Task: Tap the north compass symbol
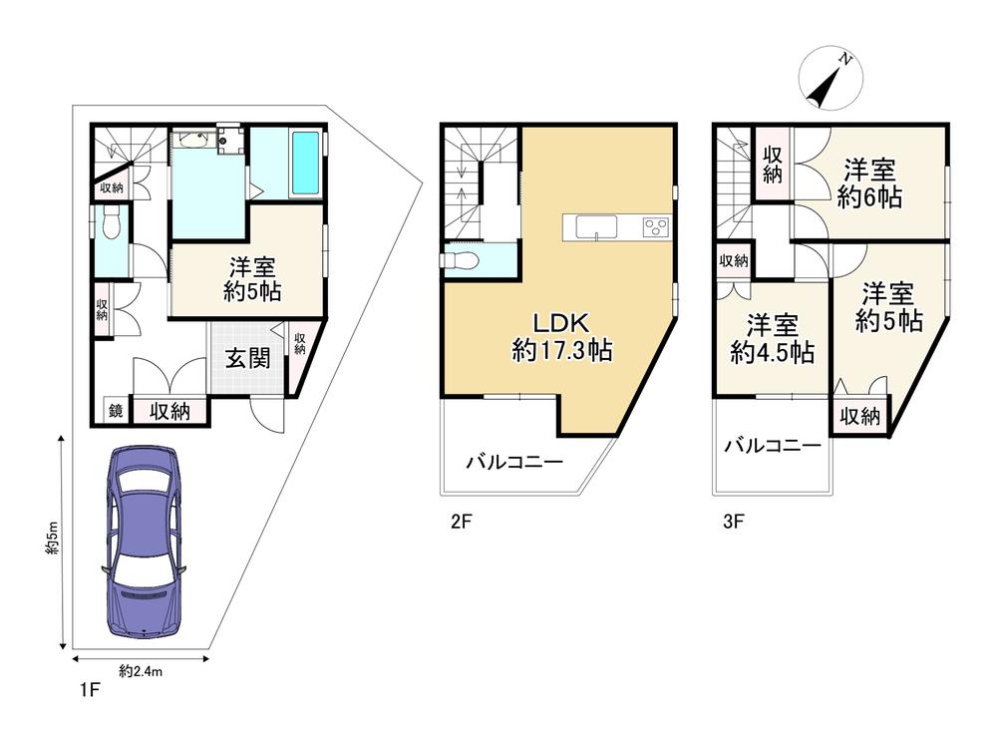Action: pyautogui.click(x=831, y=78)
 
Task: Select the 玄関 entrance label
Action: pyautogui.click(x=248, y=359)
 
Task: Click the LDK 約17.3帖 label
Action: pyautogui.click(x=562, y=337)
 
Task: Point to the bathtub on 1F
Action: pyautogui.click(x=305, y=164)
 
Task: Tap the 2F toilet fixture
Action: pyautogui.click(x=460, y=260)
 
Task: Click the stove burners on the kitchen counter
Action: pyautogui.click(x=656, y=227)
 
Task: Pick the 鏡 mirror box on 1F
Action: pyautogui.click(x=117, y=411)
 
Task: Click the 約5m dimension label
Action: pyautogui.click(x=52, y=540)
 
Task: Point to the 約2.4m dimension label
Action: pyautogui.click(x=141, y=671)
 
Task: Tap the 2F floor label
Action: pyautogui.click(x=461, y=522)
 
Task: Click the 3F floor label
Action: pyautogui.click(x=733, y=522)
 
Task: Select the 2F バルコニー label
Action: pyautogui.click(x=515, y=461)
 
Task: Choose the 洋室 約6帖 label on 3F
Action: pyautogui.click(x=869, y=183)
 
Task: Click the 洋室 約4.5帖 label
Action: pyautogui.click(x=772, y=338)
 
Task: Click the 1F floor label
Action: pyautogui.click(x=91, y=690)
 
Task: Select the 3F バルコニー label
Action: pyautogui.click(x=773, y=446)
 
